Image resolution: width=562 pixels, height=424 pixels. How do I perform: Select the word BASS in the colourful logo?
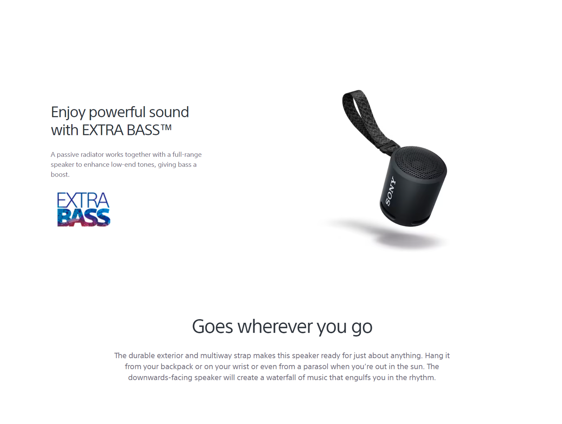pos(84,217)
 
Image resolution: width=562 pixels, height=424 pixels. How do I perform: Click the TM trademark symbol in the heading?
pos(166,127)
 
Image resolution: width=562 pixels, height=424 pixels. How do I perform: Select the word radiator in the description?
pos(92,154)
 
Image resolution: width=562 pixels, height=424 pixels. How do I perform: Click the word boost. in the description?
pos(60,174)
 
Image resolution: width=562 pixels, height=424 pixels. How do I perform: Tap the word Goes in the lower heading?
pos(213,326)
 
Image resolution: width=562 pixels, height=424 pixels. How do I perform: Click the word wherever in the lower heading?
pos(275,326)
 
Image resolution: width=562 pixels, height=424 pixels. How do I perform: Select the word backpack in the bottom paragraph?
pos(177,366)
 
